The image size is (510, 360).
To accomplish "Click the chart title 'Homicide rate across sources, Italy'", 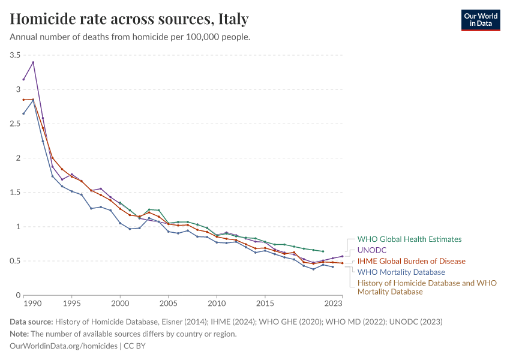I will pos(129,19).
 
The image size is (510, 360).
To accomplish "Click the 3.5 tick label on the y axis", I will pos(14,55).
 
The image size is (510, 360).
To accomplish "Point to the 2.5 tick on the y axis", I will pos(14,124).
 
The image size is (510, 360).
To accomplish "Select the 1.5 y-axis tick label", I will pos(14,193).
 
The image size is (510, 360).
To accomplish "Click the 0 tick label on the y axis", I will pos(18,295).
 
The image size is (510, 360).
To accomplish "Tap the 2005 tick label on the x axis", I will pos(168,304).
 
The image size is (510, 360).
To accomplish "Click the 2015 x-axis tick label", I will pos(265,304).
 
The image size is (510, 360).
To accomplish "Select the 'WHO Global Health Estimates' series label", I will pos(409,239).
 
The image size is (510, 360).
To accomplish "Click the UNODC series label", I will pos(371,250).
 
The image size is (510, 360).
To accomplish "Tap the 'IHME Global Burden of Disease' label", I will pos(411,261).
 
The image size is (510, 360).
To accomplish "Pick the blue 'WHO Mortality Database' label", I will pos(401,272).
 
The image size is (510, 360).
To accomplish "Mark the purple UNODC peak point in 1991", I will pos(33,62).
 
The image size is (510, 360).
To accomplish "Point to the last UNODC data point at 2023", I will pos(342,256).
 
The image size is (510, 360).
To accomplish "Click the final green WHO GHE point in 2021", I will pos(323,251).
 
